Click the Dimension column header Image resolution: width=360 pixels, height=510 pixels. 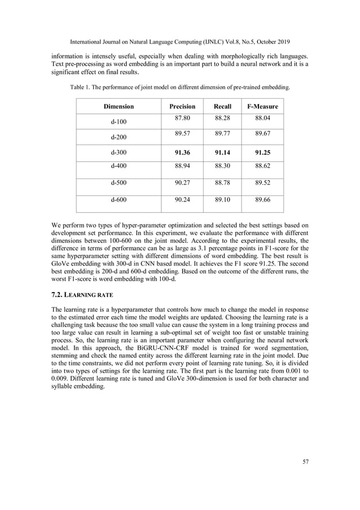click(118, 106)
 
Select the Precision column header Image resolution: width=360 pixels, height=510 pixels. click(182, 106)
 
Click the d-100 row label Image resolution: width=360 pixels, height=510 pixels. click(118, 122)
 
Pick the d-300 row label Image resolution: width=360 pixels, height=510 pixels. click(118, 152)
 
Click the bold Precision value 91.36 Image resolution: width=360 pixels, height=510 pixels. click(183, 152)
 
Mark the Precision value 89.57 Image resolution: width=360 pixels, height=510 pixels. click(183, 134)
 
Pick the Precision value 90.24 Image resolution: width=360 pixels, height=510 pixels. click(183, 199)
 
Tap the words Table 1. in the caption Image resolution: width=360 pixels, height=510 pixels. click(81, 88)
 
